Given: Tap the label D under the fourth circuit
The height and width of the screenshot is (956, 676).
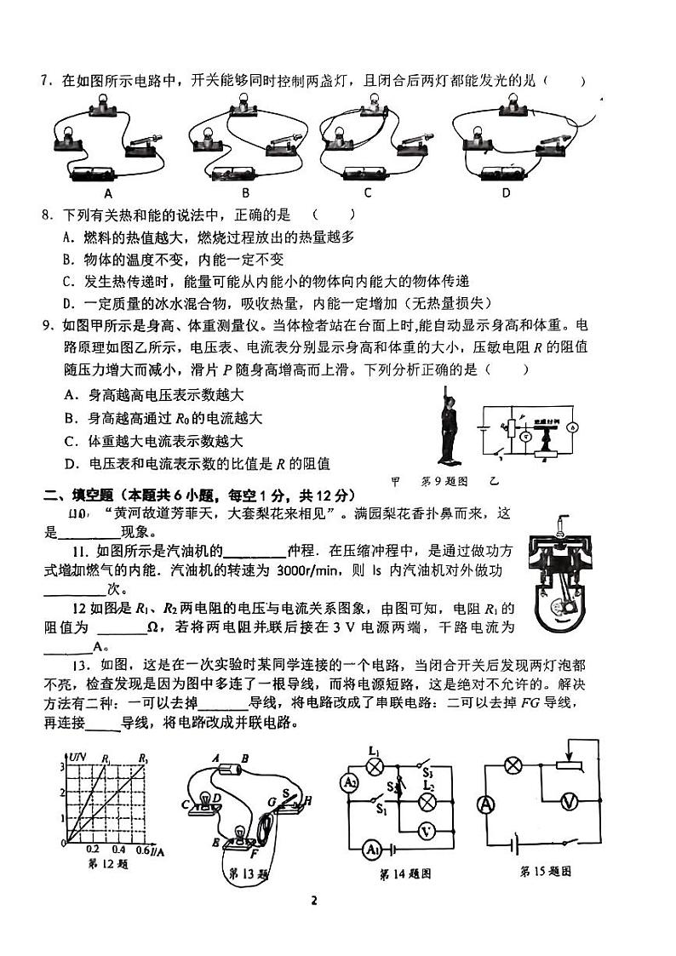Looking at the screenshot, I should [505, 193].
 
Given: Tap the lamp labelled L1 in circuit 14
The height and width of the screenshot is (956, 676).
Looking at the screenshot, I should [372, 764].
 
